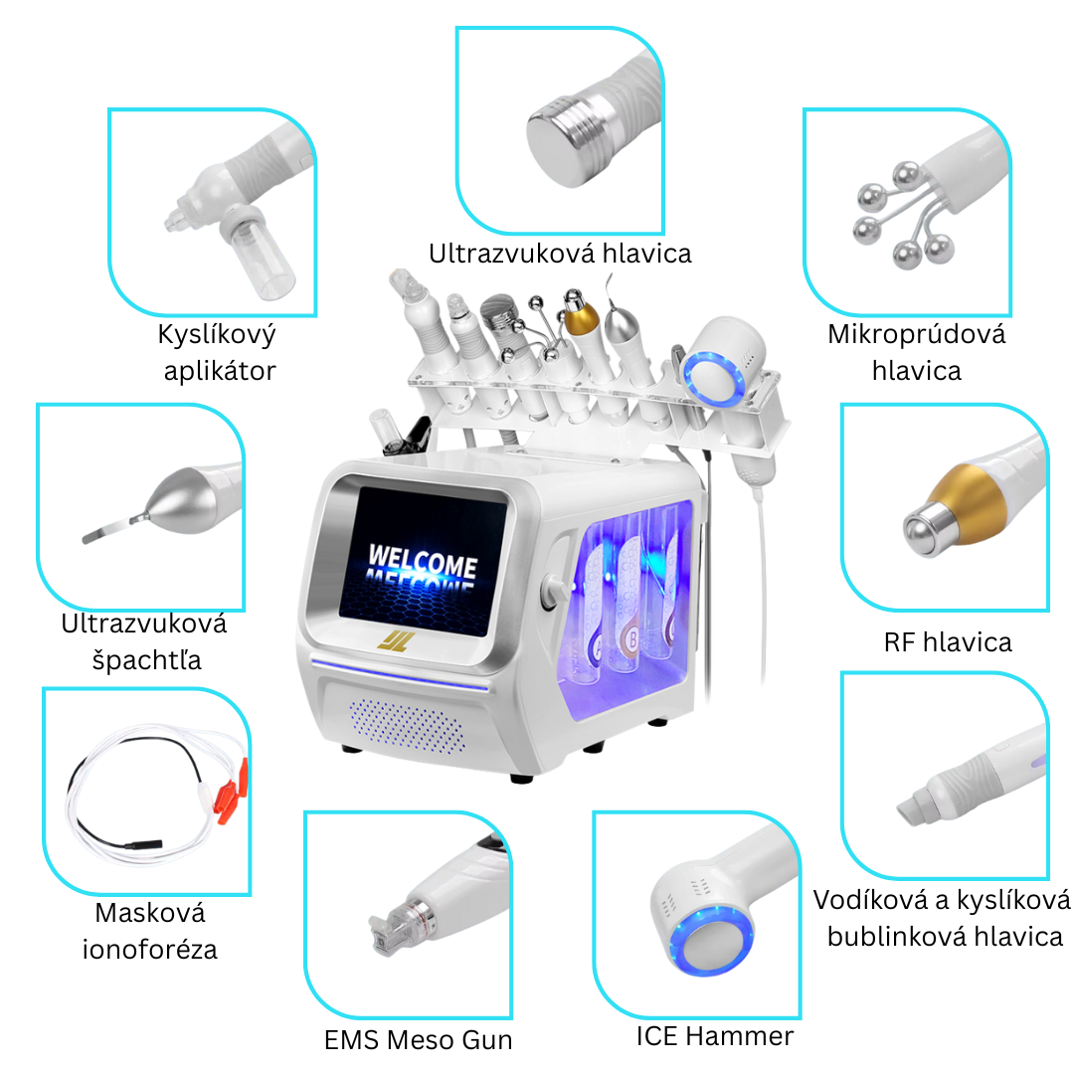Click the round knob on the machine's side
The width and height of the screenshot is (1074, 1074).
pos(548,595)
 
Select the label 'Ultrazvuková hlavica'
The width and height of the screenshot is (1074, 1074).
pos(560,254)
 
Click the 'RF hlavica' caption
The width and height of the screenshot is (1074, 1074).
pos(947,642)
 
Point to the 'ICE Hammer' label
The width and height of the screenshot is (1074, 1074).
pos(715,1036)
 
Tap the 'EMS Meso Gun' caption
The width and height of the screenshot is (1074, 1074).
pos(419,1041)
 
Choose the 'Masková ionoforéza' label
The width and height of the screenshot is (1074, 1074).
pos(149,931)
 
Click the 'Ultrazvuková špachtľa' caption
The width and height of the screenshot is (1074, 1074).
pos(143,641)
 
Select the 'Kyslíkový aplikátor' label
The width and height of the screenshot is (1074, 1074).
pos(216,352)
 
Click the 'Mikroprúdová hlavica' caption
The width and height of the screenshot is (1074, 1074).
pos(916,352)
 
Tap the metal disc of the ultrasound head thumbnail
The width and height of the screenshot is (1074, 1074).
pos(558,145)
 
